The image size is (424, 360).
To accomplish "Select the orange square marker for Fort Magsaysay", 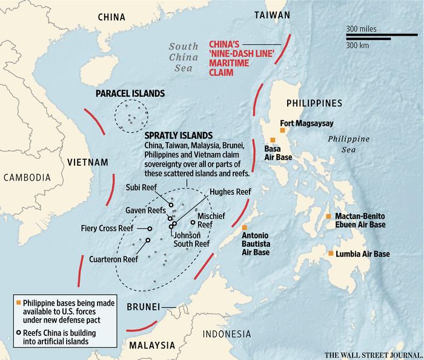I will click(x=274, y=130).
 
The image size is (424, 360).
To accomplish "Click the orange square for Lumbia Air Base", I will click(x=331, y=254).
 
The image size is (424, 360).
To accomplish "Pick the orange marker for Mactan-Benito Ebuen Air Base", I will click(x=328, y=216).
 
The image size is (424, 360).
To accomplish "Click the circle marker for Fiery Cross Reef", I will click(x=149, y=229).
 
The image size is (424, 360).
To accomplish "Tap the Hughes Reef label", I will click(x=230, y=192).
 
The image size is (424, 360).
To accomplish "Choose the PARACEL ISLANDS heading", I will click(x=130, y=94).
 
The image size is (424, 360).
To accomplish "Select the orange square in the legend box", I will click(x=18, y=301).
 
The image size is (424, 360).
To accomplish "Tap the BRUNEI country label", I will click(x=143, y=307).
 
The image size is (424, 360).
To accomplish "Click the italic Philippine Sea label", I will click(x=348, y=145).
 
